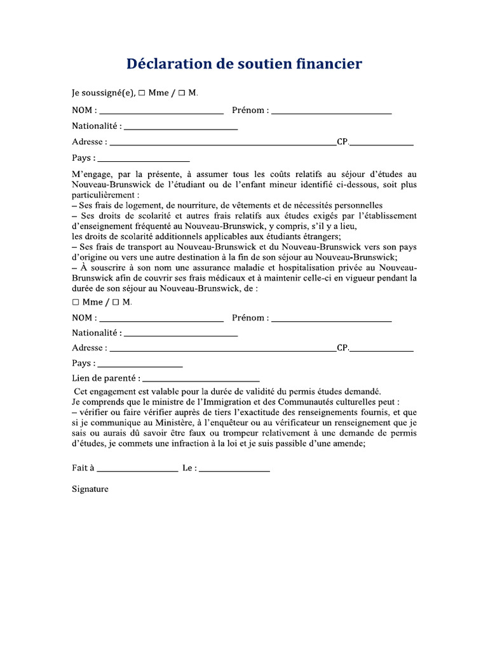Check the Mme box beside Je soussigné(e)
pos(142,93)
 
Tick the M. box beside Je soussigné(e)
pos(182,93)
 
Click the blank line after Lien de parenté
pos(201,380)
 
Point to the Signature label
pos(90,489)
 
